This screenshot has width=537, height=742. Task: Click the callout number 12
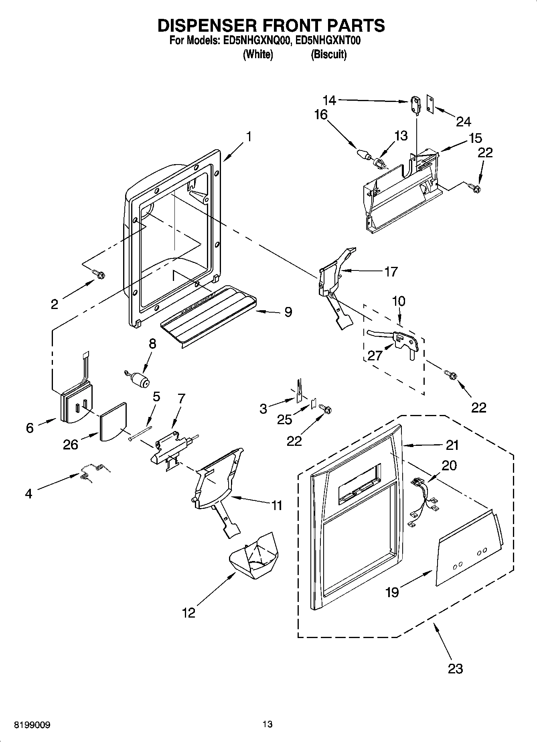[x=188, y=612]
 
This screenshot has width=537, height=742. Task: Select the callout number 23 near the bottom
[x=455, y=668]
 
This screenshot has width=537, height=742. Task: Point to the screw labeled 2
[x=99, y=274]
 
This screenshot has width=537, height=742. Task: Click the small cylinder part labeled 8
[x=138, y=379]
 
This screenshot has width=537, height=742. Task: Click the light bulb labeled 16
[x=363, y=154]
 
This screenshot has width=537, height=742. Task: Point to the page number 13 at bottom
[x=267, y=724]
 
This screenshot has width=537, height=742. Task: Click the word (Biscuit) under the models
[x=328, y=55]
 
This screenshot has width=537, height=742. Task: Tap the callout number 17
[x=391, y=271]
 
